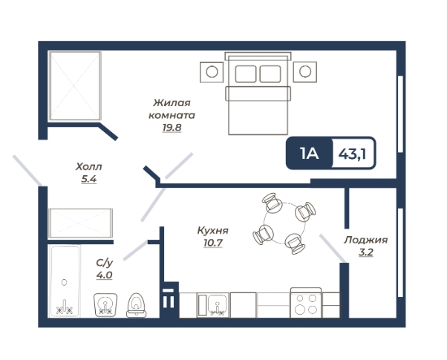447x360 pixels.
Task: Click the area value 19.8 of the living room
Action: [172, 128]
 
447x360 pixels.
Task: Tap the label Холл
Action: [88, 166]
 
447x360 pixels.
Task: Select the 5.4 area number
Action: [89, 179]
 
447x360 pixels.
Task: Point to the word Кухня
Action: [213, 230]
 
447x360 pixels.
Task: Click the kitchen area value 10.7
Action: [213, 243]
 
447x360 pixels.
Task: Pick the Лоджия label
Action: [366, 240]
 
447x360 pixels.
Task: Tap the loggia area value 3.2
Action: [366, 252]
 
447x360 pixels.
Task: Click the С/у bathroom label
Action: [105, 263]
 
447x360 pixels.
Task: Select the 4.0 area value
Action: [105, 275]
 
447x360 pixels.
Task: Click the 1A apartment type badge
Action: [310, 154]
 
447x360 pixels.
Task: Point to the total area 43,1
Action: [353, 154]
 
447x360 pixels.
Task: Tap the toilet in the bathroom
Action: [137, 305]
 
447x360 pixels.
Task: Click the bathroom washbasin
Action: [105, 305]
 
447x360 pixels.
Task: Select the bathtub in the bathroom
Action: [65, 281]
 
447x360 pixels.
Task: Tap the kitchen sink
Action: [212, 305]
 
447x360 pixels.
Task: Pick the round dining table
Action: [284, 223]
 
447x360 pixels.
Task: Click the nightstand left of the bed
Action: [212, 72]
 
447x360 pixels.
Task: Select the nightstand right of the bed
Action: [304, 72]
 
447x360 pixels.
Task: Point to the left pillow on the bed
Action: [246, 73]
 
